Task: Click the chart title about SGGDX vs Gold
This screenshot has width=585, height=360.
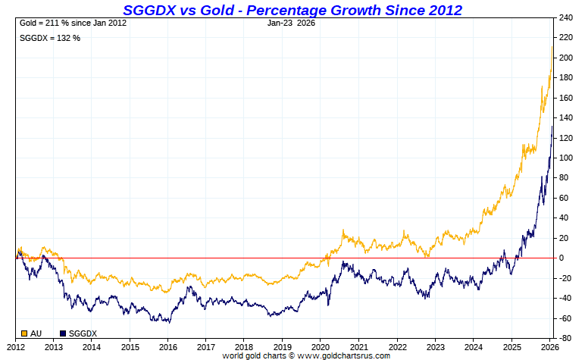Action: (292, 10)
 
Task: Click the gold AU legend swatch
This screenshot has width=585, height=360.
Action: (24, 333)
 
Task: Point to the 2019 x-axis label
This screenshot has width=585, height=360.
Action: (282, 346)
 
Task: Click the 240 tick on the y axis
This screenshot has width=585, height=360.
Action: (565, 17)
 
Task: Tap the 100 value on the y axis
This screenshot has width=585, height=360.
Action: (565, 158)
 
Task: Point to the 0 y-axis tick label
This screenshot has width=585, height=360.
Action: (562, 258)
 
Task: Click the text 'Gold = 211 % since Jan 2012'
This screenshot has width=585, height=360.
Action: (73, 23)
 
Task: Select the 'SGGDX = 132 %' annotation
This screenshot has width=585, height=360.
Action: (49, 38)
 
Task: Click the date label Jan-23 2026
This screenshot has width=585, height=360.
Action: (292, 23)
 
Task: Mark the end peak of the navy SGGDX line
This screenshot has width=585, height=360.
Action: (552, 126)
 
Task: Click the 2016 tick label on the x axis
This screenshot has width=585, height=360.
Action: (167, 346)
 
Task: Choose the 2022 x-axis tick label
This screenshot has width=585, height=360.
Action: (397, 346)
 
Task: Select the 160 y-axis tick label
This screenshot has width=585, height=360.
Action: (565, 98)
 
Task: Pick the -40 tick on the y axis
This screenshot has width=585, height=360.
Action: (565, 298)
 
